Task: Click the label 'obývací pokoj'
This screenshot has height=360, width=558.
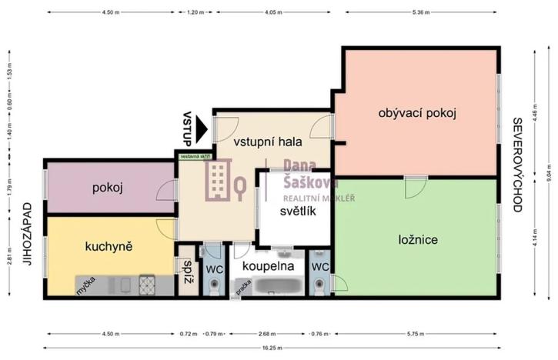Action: tap(418, 113)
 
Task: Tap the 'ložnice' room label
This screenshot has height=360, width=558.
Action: tap(419, 240)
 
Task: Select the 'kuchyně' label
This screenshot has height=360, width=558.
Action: tap(109, 246)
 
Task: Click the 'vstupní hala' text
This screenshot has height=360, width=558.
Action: tap(267, 142)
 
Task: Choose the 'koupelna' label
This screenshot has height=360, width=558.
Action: tap(268, 265)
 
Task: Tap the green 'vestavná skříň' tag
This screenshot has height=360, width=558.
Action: tap(195, 156)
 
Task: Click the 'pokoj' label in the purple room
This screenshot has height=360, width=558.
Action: tap(109, 188)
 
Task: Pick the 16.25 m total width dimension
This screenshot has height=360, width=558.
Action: tap(269, 348)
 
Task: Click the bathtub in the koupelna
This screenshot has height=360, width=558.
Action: tap(279, 288)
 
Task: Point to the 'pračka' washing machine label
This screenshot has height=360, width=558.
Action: tap(243, 287)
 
